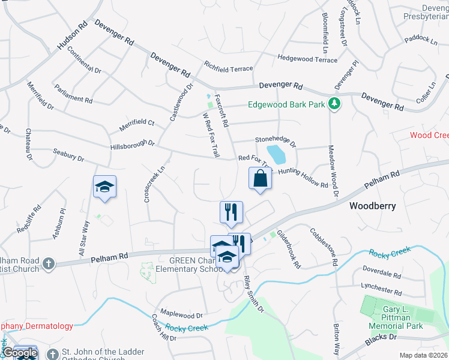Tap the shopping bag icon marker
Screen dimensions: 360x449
click(260, 178)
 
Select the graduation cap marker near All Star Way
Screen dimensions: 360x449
click(104, 187)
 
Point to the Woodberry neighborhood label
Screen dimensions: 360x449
click(373, 206)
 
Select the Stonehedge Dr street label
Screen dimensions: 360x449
click(276, 141)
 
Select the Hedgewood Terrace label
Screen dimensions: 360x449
click(307, 59)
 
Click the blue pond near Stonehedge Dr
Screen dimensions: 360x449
click(276, 154)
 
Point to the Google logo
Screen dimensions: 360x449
click(20, 353)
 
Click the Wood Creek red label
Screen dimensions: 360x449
click(429, 135)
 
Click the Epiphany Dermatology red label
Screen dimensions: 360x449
click(37, 326)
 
